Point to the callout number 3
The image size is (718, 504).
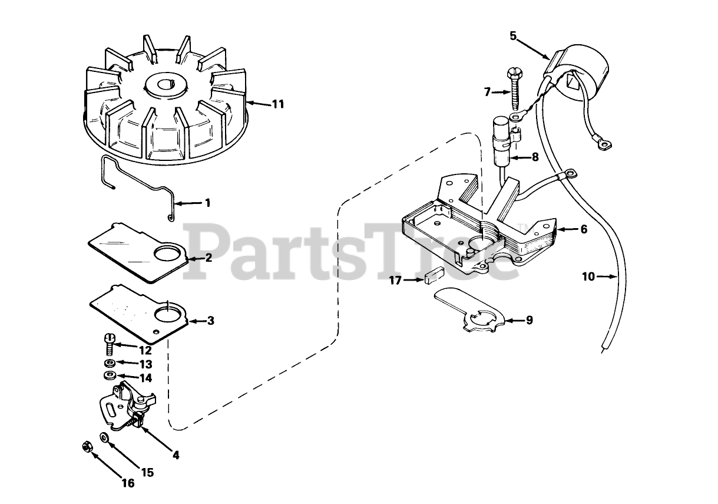point(210,321)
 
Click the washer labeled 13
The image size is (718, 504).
point(110,363)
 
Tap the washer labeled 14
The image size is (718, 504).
point(110,376)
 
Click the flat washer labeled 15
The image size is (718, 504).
point(104,437)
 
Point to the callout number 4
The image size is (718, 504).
point(176,454)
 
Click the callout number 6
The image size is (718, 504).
point(583,229)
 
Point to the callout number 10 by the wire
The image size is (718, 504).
point(588,276)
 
